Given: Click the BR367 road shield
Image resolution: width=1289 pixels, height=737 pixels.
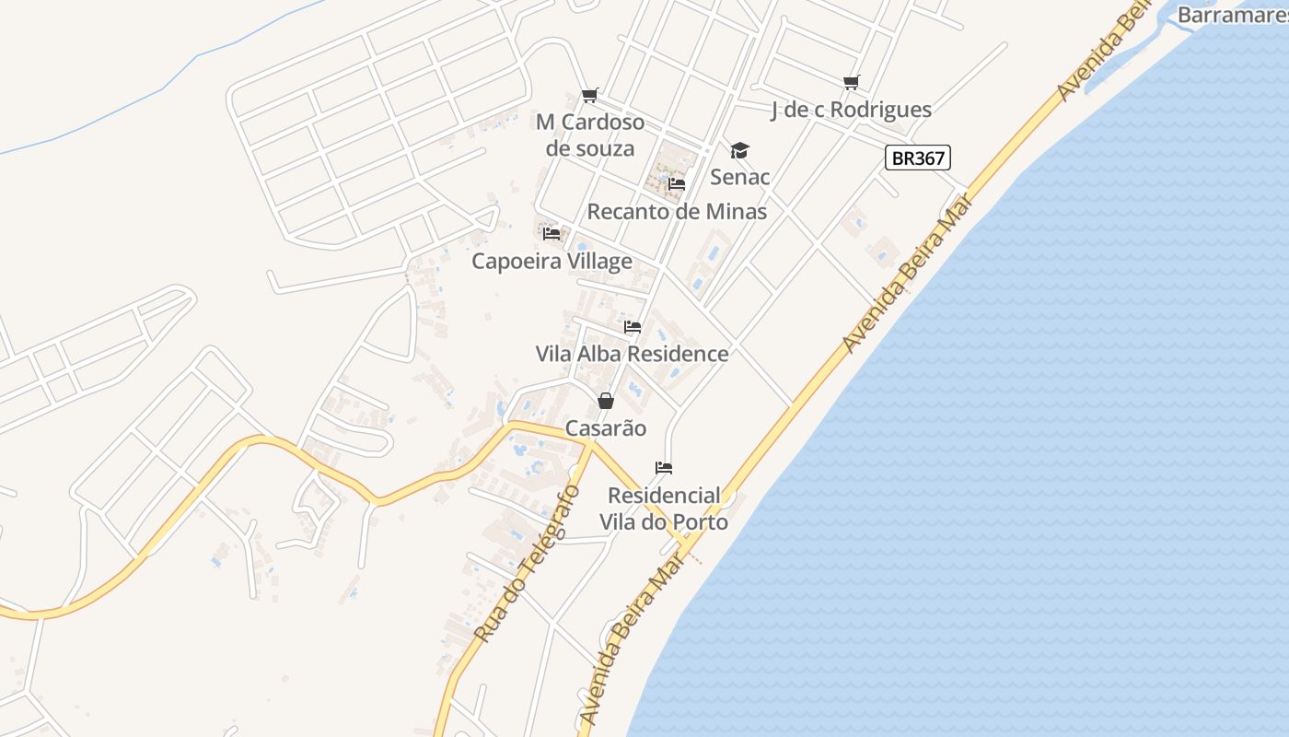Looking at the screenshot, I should point(917,158).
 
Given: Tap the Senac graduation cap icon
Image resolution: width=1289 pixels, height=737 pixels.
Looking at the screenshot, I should point(739,150).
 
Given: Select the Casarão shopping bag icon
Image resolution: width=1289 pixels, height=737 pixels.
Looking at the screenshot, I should point(605,401).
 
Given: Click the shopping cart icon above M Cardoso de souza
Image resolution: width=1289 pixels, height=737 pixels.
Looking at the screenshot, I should point(590,95).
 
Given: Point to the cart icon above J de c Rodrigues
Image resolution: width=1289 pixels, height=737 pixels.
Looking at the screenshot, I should point(852,83).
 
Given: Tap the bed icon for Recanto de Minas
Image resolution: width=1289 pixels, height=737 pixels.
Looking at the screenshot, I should point(677,184).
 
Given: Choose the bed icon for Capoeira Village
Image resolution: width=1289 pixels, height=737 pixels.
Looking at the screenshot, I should point(552,234).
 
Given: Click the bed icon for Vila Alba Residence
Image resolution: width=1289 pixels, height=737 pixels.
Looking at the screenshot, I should point(632,327).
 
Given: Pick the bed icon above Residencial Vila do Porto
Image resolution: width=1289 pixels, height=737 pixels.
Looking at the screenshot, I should point(663,468).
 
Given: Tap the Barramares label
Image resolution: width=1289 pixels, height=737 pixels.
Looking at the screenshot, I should point(1232,15).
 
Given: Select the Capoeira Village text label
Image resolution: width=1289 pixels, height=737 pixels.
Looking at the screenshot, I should point(552,262).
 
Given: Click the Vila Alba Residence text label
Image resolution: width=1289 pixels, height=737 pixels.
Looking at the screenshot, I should point(632,354).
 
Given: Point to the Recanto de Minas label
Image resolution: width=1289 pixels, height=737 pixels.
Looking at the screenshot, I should point(677,212).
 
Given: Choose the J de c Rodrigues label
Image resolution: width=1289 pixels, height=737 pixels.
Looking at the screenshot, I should point(851,111).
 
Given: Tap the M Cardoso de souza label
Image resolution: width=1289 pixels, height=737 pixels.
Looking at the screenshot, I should point(590,135).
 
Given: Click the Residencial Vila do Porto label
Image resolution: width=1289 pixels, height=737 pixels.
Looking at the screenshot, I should point(664,509).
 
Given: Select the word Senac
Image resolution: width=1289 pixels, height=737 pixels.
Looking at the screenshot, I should point(739,177).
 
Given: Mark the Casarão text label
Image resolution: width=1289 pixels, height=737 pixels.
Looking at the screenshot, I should point(605,428).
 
